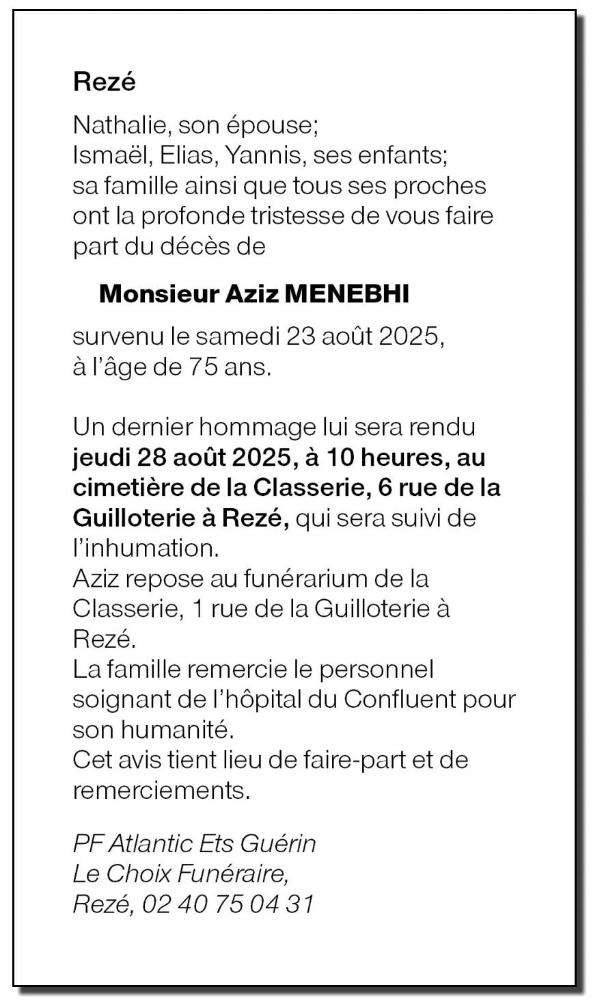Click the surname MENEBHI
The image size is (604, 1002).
346,294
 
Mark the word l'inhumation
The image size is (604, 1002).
144,548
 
